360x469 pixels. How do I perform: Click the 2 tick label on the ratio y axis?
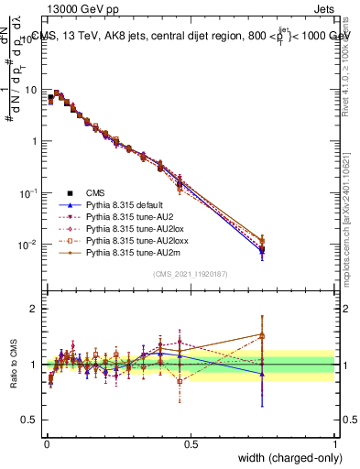pos(33,309)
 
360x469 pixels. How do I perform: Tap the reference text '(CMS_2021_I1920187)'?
pos(191,274)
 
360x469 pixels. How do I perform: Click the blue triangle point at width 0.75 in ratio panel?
pos(262,374)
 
